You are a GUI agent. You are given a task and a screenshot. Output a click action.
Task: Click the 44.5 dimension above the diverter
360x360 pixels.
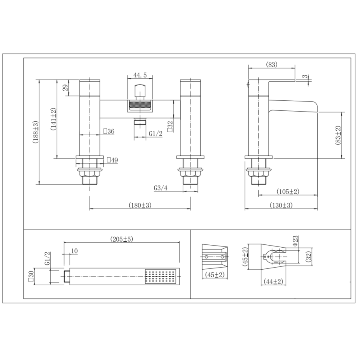pyautogui.click(x=140, y=75)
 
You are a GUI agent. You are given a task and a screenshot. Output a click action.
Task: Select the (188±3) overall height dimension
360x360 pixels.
pyautogui.click(x=36, y=132)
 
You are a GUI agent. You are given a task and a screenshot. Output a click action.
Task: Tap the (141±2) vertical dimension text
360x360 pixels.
pyautogui.click(x=53, y=119)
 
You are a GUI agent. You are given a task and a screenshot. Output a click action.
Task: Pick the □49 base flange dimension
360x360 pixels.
pyautogui.click(x=112, y=160)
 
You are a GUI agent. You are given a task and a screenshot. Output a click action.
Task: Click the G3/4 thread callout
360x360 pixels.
pyautogui.click(x=161, y=188)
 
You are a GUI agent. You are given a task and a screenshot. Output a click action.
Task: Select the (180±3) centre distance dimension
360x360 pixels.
pyautogui.click(x=140, y=205)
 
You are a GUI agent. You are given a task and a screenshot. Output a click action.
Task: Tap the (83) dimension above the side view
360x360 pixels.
pyautogui.click(x=271, y=64)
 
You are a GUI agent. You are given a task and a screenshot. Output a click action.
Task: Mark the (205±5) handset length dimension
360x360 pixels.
pyautogui.click(x=121, y=239)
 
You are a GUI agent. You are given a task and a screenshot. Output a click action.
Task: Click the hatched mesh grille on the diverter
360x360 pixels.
pyautogui.click(x=139, y=106)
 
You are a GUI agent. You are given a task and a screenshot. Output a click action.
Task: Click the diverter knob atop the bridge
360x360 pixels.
pyautogui.click(x=139, y=91)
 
